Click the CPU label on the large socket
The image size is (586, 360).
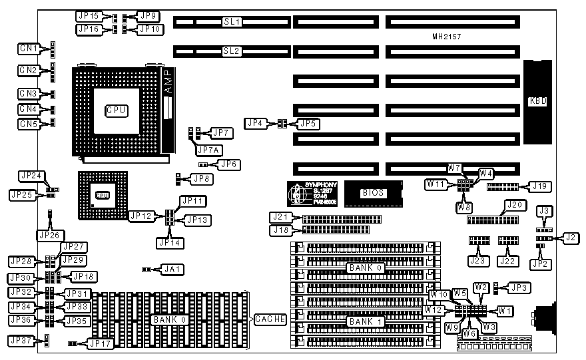pyautogui.click(x=116, y=110)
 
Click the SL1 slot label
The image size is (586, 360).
pyautogui.click(x=232, y=22)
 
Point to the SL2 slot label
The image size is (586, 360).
pyautogui.click(x=232, y=51)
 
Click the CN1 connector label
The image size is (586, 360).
pyautogui.click(x=28, y=49)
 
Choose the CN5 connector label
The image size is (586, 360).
pyautogui.click(x=28, y=124)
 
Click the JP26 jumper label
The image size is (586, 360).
pyautogui.click(x=49, y=235)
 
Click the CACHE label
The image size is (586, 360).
pyautogui.click(x=270, y=320)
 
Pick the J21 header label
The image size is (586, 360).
pyautogui.click(x=280, y=217)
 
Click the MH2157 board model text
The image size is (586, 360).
pyautogui.click(x=446, y=37)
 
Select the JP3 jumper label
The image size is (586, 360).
pyautogui.click(x=517, y=288)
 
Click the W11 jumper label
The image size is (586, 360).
pyautogui.click(x=436, y=184)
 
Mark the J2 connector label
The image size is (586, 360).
pyautogui.click(x=570, y=237)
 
